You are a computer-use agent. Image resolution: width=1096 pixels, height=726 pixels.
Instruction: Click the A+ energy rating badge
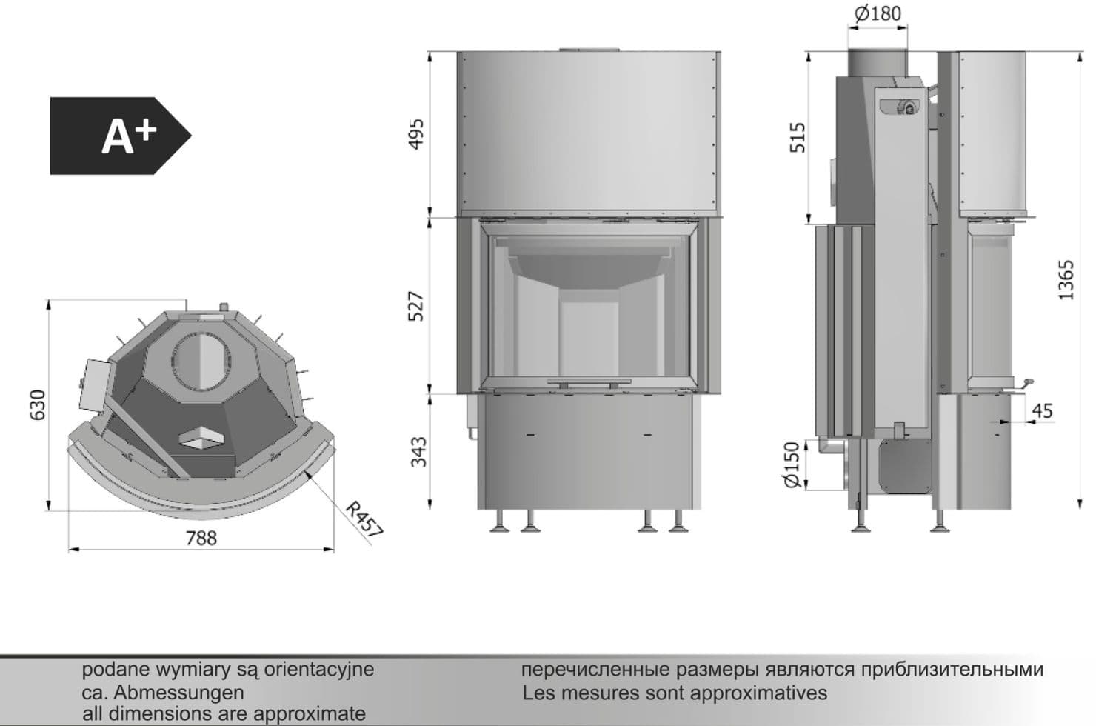[x=121, y=136]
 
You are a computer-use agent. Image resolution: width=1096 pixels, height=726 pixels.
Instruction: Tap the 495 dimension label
[x=416, y=133]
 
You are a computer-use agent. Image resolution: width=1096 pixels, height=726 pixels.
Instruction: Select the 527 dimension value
[x=416, y=307]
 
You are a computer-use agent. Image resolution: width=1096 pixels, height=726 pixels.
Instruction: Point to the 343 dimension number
[x=418, y=452]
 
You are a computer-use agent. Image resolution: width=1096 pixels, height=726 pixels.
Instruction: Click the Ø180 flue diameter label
[x=878, y=14]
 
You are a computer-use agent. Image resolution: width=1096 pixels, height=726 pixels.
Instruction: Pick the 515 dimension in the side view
[x=798, y=138]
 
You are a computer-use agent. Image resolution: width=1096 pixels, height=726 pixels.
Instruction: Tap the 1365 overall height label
[x=1066, y=280]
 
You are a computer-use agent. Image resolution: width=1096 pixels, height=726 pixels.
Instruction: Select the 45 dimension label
[x=1042, y=410]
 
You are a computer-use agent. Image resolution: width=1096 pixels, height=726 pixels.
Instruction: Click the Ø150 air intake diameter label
[x=791, y=464]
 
